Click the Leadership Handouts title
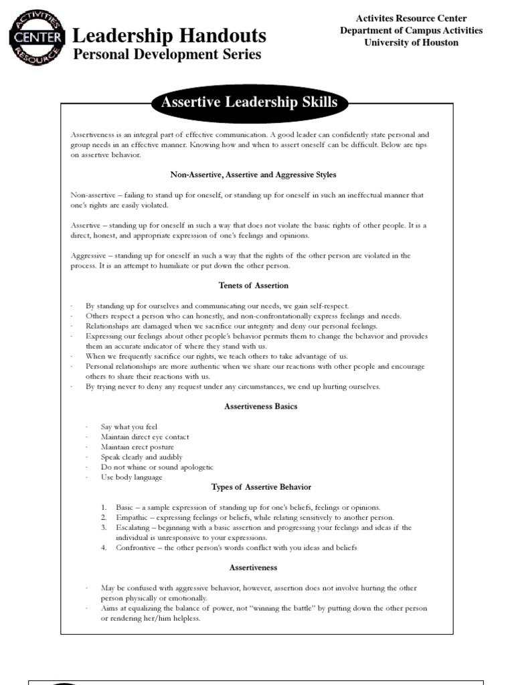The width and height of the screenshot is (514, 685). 169,35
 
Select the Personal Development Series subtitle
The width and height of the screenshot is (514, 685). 167,55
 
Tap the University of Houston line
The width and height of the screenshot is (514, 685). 411,42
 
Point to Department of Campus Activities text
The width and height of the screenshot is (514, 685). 411,30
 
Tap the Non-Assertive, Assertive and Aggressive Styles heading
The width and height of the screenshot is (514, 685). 253,175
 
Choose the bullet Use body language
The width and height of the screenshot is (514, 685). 131,477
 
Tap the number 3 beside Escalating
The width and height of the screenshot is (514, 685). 104,528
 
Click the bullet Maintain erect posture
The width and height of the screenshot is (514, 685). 137,447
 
